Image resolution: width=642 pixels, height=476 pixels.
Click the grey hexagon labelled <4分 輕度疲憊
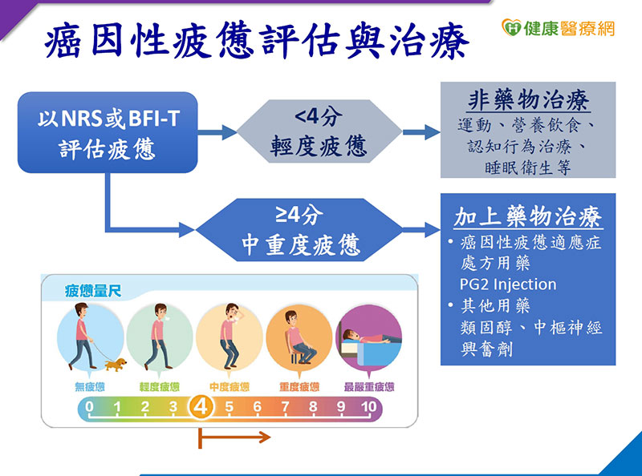(319, 131)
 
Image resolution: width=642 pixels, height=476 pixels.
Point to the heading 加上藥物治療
(527, 217)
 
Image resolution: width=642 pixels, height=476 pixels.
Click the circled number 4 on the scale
(201, 407)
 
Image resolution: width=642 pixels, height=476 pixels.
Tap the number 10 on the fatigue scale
(368, 407)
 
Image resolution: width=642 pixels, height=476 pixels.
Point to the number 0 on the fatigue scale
(89, 407)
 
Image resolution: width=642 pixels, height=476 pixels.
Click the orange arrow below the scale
(234, 438)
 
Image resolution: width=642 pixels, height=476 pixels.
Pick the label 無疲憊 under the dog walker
(89, 387)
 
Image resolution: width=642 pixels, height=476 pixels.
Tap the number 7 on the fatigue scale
(285, 407)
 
